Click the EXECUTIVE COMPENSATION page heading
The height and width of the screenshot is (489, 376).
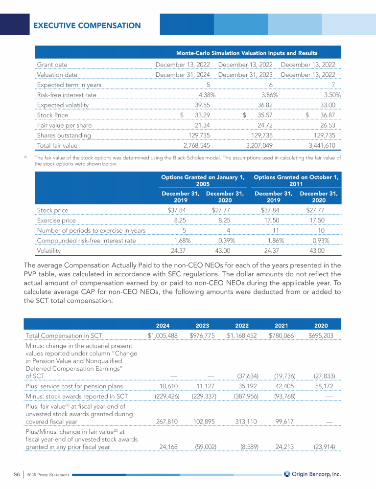coord(87,25)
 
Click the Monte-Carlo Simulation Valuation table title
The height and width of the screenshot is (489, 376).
coord(247,53)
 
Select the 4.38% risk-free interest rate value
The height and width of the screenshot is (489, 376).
coord(205,95)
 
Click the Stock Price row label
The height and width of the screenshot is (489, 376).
coord(52,115)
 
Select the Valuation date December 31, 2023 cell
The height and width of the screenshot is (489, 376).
coord(246,75)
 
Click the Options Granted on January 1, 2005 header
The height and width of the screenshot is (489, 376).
coord(203,180)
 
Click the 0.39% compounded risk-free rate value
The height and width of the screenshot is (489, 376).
coord(220,241)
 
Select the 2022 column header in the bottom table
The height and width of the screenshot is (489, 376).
coord(241,325)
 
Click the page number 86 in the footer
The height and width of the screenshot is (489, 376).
coord(16,474)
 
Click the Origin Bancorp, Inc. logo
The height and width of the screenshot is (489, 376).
coord(312,474)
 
